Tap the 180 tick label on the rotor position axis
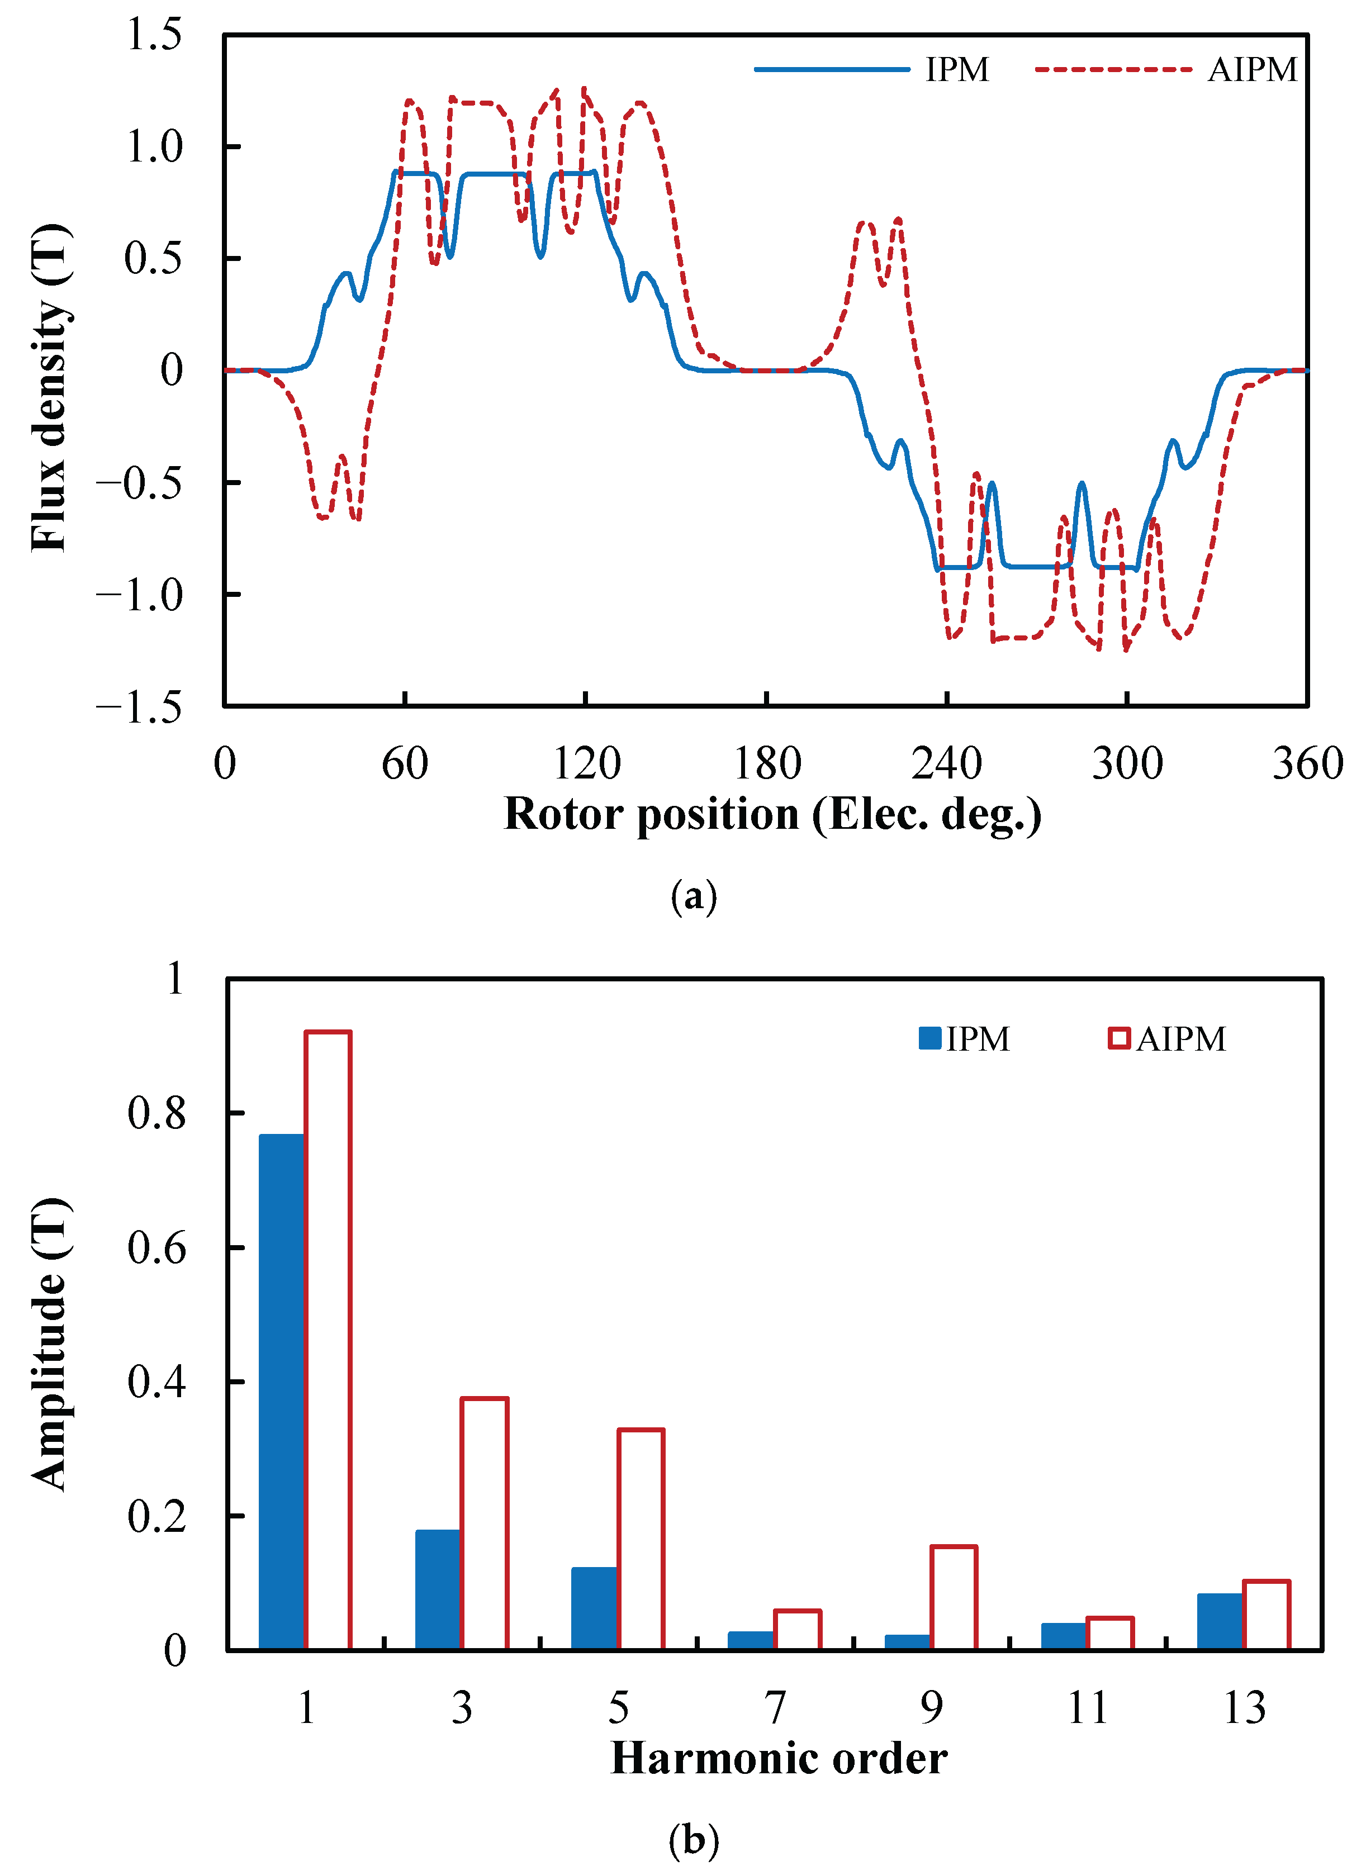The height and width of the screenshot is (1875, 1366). pyautogui.click(x=767, y=763)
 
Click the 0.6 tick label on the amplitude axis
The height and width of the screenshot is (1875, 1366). pyautogui.click(x=156, y=1247)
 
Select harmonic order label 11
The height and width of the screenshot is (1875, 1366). pyautogui.click(x=1087, y=1707)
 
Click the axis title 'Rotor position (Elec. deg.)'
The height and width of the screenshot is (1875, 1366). pyautogui.click(x=772, y=814)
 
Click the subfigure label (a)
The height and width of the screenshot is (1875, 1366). pyautogui.click(x=693, y=895)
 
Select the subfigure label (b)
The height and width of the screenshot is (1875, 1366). pyautogui.click(x=693, y=1839)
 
